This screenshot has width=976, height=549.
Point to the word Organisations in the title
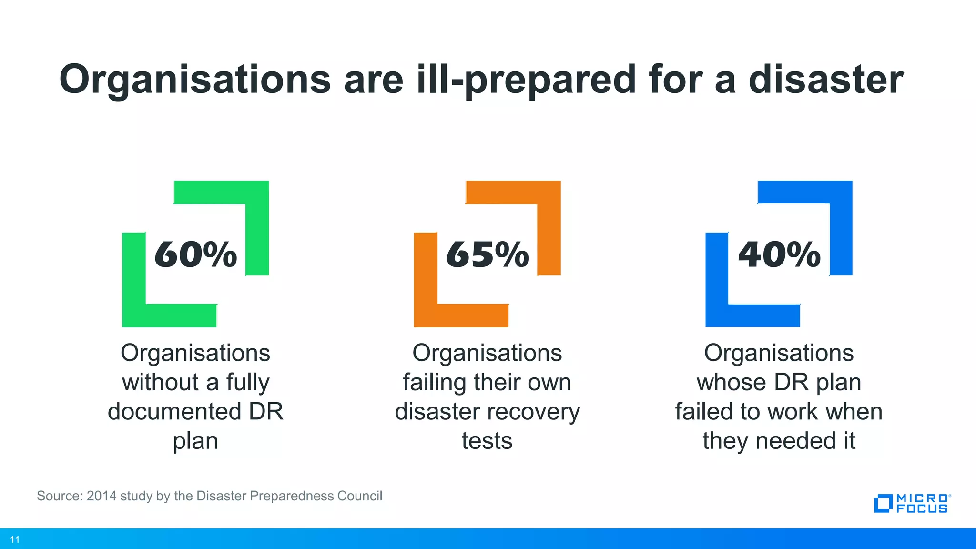(x=195, y=80)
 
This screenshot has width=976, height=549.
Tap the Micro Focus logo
(x=912, y=503)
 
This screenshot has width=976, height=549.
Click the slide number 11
(x=15, y=539)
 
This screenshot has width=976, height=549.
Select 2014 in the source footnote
(x=102, y=496)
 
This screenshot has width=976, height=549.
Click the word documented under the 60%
(x=174, y=411)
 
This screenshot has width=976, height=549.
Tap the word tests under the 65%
(x=487, y=441)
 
